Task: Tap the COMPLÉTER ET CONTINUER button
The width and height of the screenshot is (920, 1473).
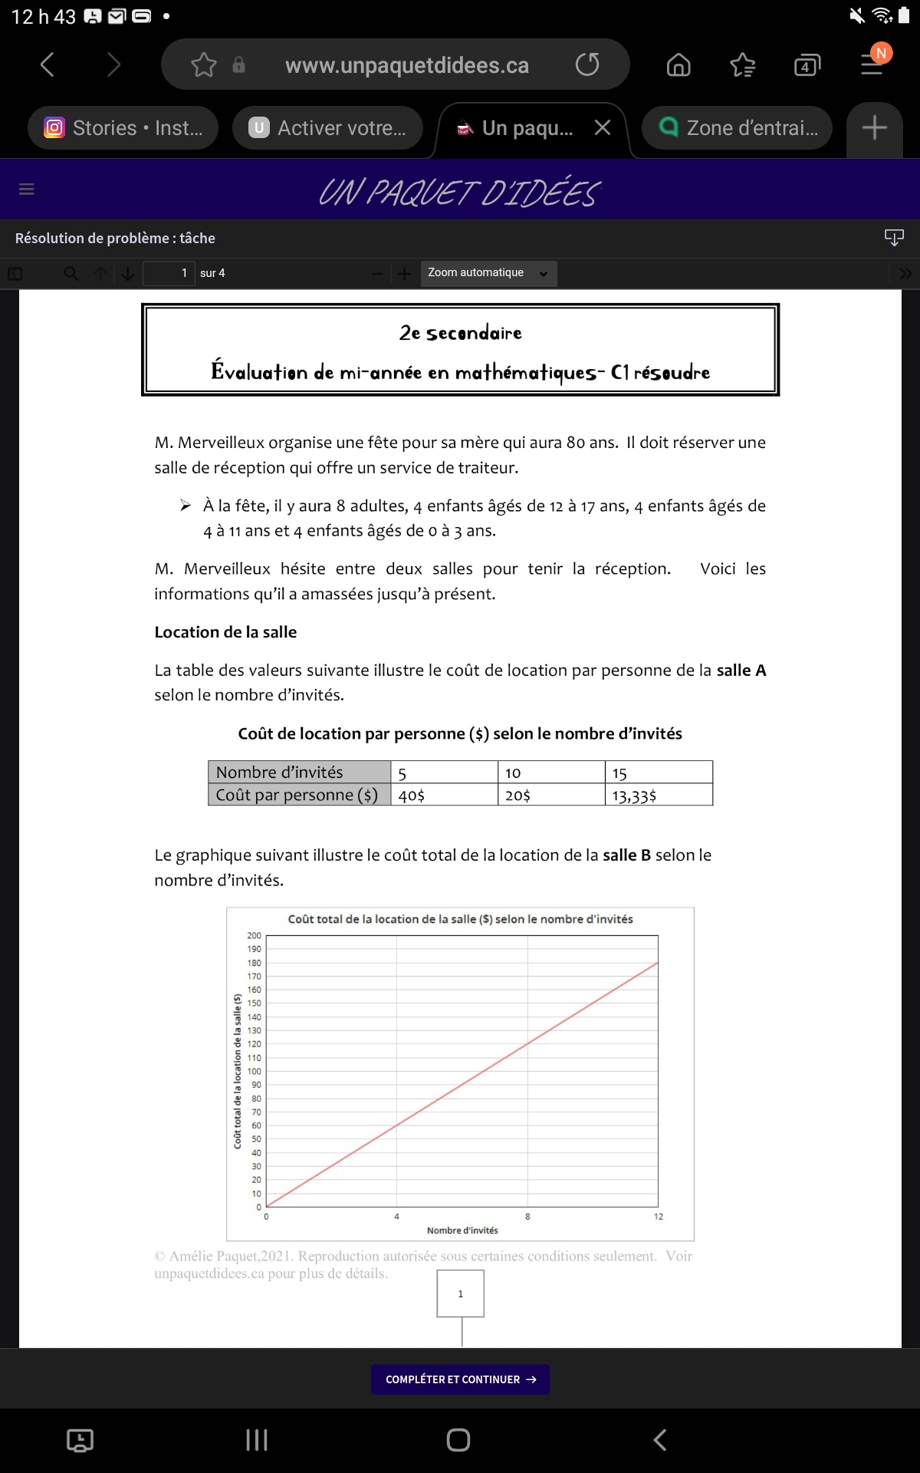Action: click(x=460, y=1379)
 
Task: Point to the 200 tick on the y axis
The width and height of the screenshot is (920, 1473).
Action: click(x=254, y=936)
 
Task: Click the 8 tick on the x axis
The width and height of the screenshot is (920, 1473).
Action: click(x=527, y=1217)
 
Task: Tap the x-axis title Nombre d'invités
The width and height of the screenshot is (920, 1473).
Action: click(x=462, y=1231)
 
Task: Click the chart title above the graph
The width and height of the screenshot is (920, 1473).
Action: click(x=460, y=919)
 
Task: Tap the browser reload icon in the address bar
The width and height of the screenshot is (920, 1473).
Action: click(x=587, y=64)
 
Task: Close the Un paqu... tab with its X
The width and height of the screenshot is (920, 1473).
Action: click(x=603, y=128)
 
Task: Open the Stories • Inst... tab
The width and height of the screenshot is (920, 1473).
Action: click(x=123, y=128)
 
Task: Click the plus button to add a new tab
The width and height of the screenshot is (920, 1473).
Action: click(x=874, y=128)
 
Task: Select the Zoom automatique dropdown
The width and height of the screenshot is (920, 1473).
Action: click(x=488, y=273)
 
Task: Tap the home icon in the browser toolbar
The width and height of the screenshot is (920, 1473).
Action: click(x=678, y=65)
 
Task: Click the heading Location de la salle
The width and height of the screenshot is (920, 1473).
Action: click(x=225, y=632)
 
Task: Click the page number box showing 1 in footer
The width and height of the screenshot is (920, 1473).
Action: click(x=460, y=1293)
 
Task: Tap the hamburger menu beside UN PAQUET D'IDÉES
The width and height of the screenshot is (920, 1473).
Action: click(x=27, y=189)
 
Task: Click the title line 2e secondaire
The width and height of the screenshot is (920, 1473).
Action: click(x=460, y=333)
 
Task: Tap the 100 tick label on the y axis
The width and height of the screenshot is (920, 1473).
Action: click(x=254, y=1072)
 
